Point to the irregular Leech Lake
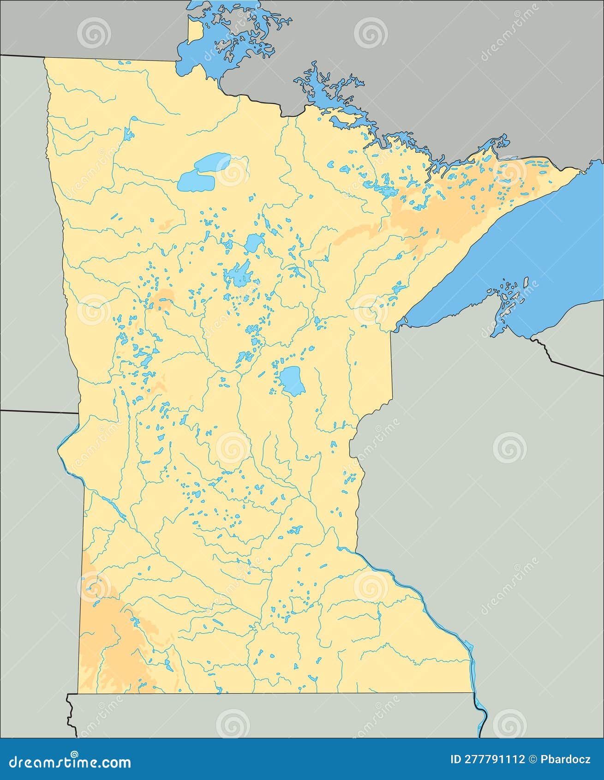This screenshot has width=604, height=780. tap(238, 275)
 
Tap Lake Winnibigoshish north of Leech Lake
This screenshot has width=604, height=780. tap(254, 242)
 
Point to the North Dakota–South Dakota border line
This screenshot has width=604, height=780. tap(37, 411)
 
